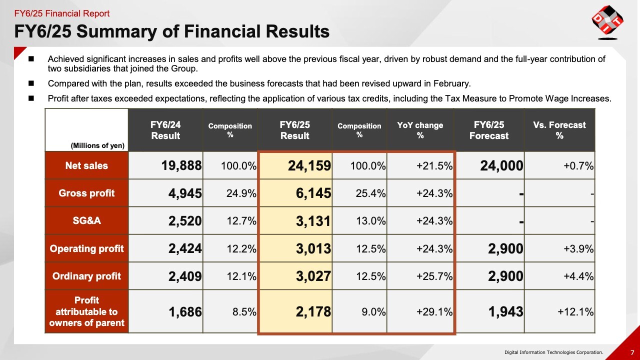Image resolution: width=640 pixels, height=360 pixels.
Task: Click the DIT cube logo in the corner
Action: click(607, 22)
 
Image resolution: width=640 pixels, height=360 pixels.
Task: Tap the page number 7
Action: click(632, 352)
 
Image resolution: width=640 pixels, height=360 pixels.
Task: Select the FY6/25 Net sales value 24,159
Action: click(309, 166)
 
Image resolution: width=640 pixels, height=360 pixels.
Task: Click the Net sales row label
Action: click(86, 166)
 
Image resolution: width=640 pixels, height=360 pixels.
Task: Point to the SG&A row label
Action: click(86, 220)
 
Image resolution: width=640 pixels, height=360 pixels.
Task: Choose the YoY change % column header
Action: click(420, 130)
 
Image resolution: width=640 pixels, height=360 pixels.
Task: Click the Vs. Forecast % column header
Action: click(559, 130)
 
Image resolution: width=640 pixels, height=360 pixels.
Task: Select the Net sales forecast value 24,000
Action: click(501, 166)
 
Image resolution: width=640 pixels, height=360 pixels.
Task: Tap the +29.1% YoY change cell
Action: click(434, 312)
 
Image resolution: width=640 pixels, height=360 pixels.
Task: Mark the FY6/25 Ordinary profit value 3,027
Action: click(313, 276)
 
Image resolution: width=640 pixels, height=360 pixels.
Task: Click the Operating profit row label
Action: click(86, 248)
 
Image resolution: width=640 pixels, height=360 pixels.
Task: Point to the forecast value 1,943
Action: click(505, 312)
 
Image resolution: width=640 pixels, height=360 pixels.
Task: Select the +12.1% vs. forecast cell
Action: click(575, 312)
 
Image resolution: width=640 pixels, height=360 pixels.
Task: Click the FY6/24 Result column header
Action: click(165, 130)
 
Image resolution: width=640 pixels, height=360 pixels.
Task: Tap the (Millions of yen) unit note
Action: click(97, 145)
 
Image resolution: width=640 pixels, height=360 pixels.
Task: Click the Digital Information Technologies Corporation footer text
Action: click(553, 352)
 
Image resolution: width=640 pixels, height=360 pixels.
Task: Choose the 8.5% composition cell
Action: click(244, 312)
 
